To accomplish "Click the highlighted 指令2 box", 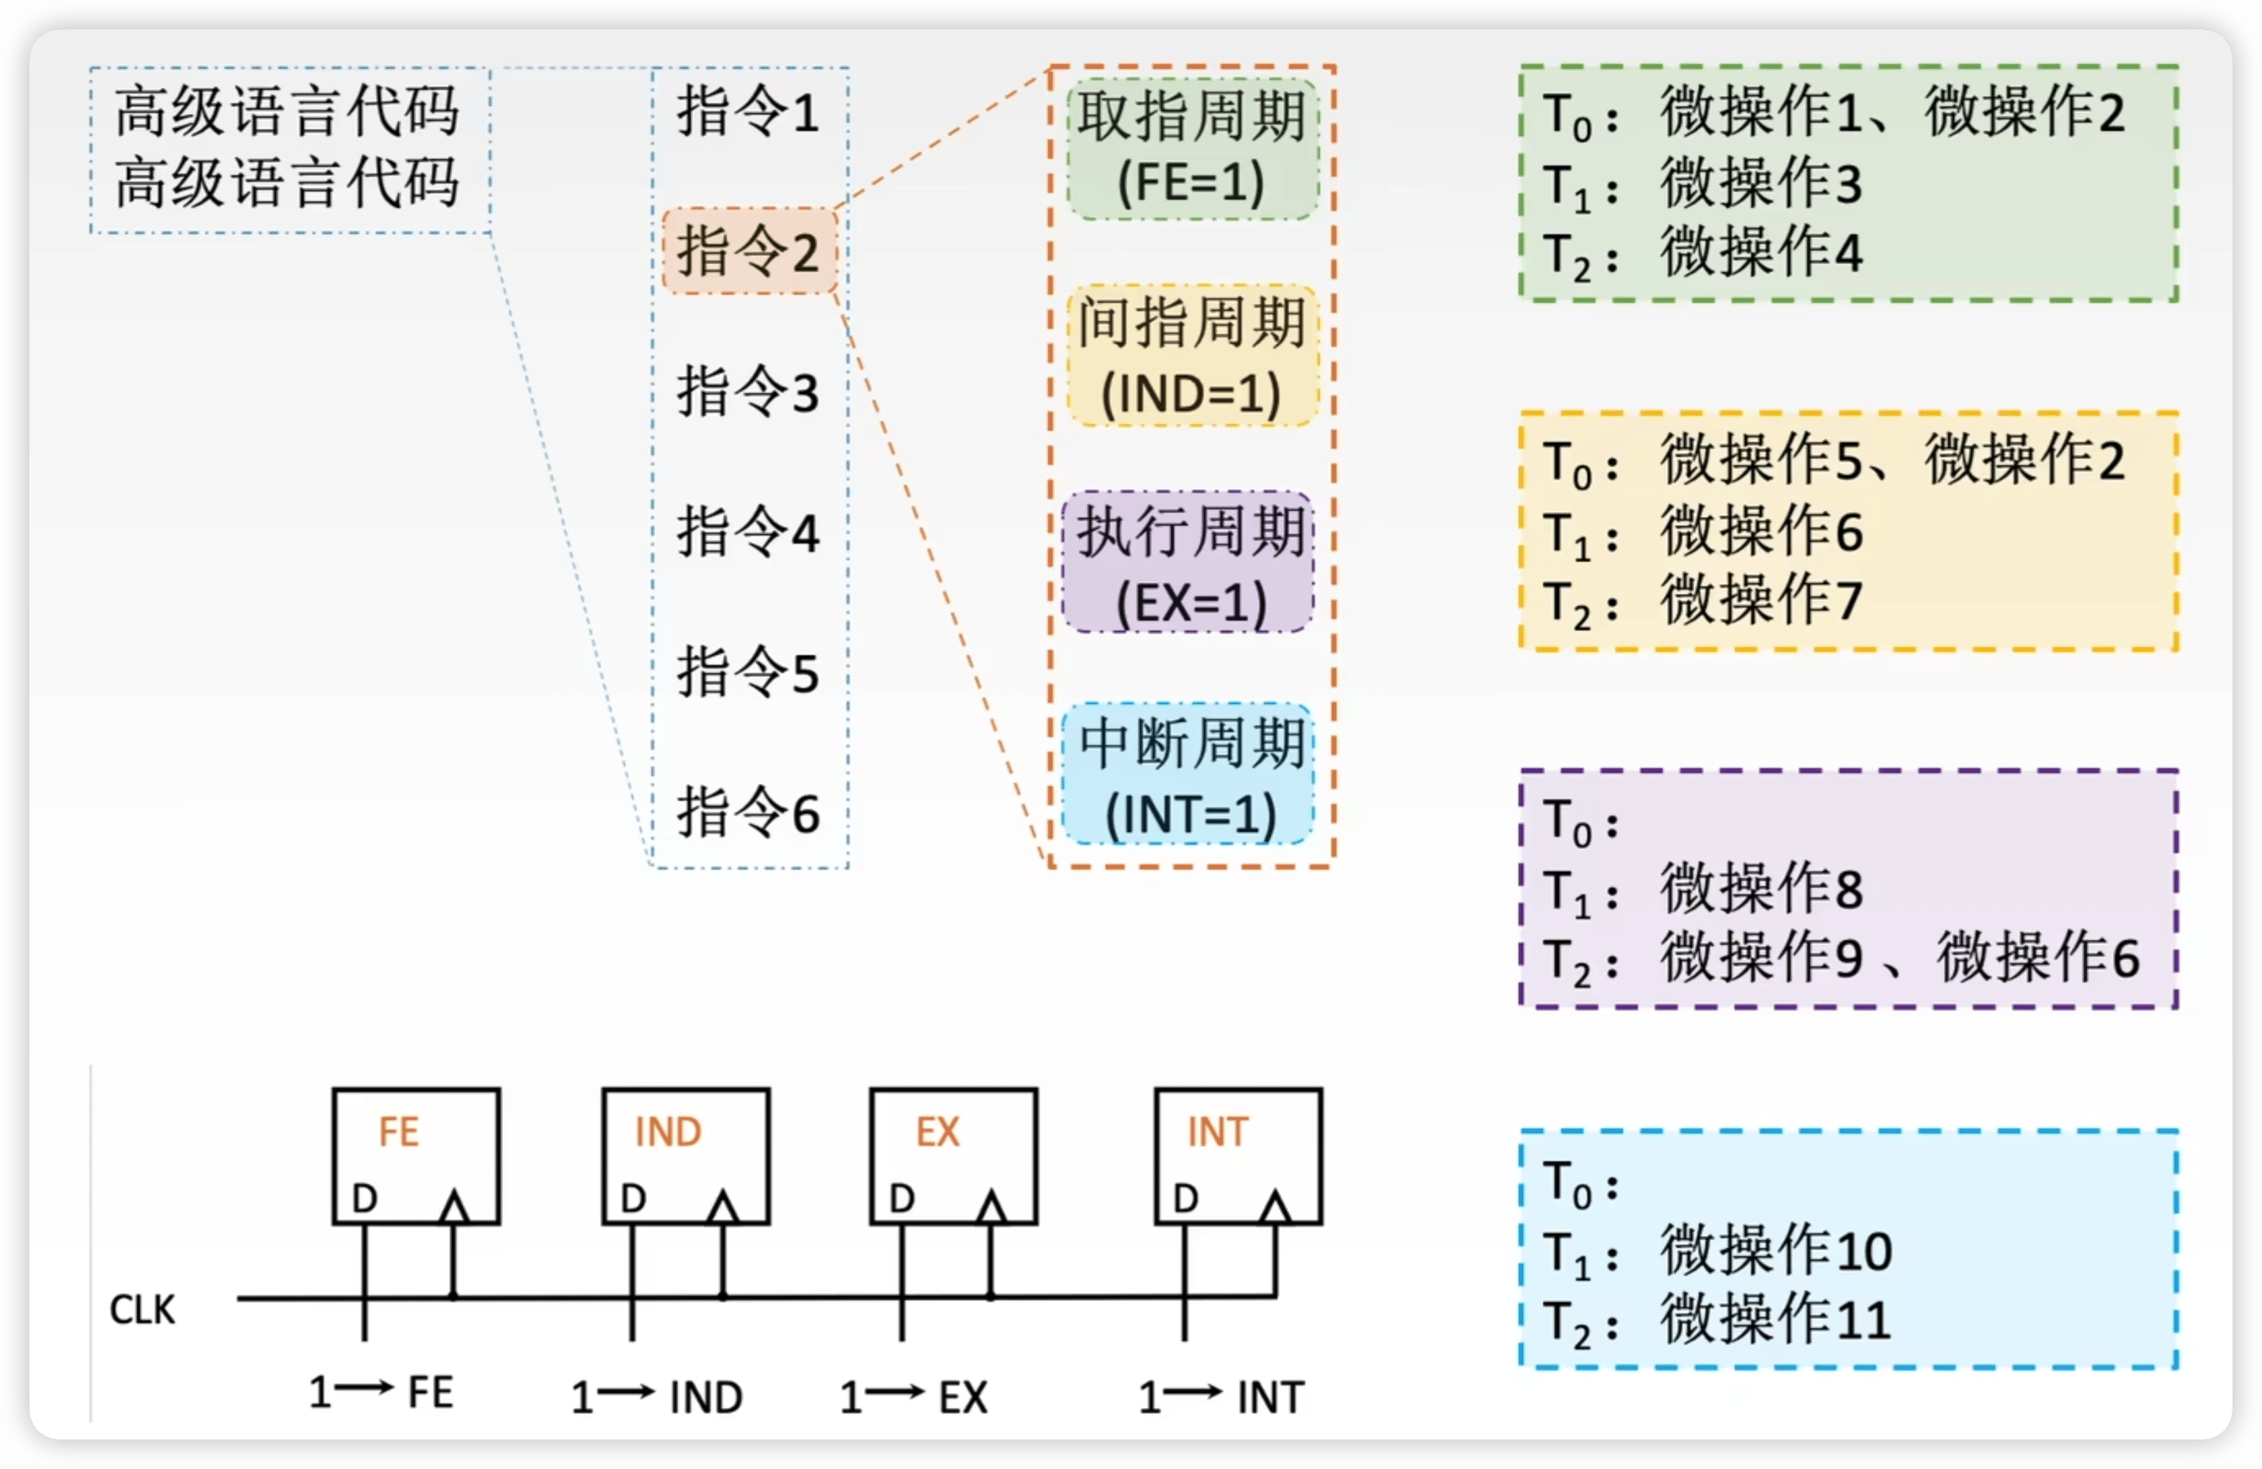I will click(749, 251).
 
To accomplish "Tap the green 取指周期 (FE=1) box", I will click(1192, 149).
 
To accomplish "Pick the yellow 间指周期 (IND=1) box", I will click(1192, 355).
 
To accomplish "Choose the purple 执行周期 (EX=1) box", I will click(1189, 563).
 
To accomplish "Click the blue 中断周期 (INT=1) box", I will click(1189, 775).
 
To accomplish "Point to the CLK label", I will click(143, 1309).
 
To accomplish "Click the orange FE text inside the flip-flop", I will click(398, 1132).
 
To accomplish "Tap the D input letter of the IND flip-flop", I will click(633, 1199).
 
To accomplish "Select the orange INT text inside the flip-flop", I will click(1218, 1132).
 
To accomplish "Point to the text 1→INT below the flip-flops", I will click(1221, 1397).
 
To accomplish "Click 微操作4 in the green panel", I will click(1761, 252).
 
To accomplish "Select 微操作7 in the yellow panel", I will click(1761, 599).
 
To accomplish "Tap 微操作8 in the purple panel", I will click(1761, 888).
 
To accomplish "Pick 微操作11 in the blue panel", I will click(1776, 1319).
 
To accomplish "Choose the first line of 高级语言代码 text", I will click(287, 111).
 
